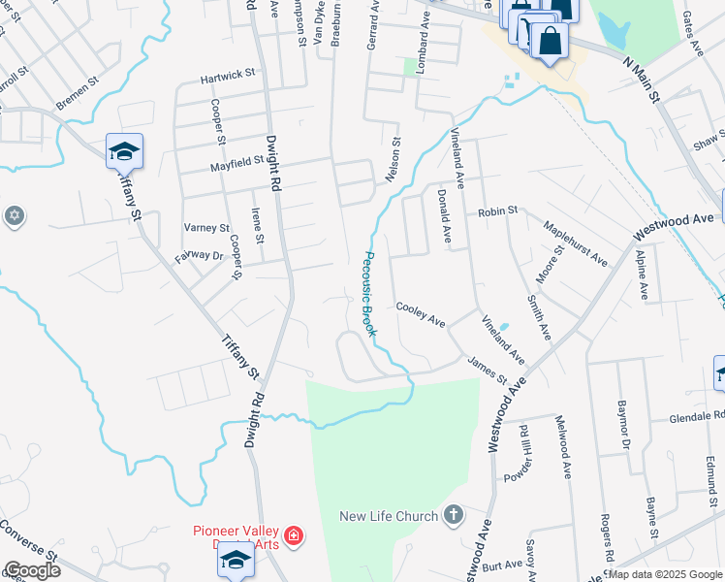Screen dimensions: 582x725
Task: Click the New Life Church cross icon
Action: (453, 515)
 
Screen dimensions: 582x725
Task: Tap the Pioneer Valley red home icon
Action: (293, 534)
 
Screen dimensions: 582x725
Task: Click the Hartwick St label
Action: (227, 73)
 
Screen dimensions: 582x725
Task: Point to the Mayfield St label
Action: (237, 165)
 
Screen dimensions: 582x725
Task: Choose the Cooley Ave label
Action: (420, 313)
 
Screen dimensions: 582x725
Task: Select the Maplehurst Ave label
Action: (576, 244)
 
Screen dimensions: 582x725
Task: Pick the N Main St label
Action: (641, 77)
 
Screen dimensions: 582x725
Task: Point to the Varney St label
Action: (206, 228)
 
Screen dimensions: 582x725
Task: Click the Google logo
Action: (31, 570)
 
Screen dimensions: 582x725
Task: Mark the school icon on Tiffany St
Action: (125, 151)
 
